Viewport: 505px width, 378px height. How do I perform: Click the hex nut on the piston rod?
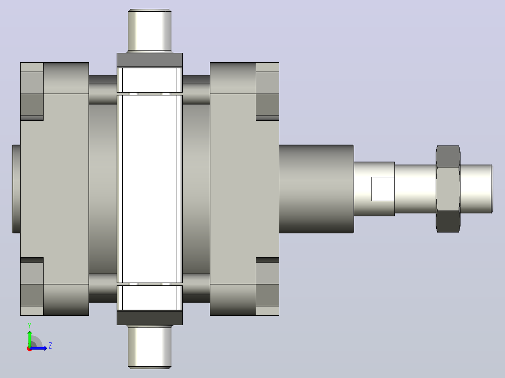point(448,189)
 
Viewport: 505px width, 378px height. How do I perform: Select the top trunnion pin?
point(149,31)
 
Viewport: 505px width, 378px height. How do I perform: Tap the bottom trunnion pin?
point(149,347)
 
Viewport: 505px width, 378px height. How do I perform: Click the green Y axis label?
point(30,326)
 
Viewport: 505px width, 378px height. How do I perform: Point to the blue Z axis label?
point(50,346)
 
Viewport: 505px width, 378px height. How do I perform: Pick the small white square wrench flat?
point(383,189)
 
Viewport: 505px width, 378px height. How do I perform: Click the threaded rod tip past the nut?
point(476,189)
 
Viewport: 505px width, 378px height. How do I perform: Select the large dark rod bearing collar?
point(316,189)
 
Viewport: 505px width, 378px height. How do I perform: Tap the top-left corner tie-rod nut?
point(32,91)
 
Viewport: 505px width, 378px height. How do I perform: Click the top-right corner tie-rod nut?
point(267,91)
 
